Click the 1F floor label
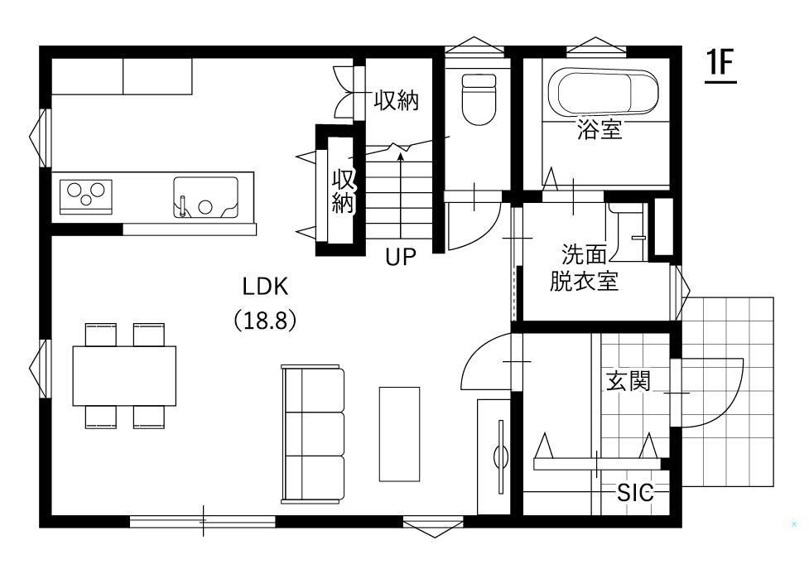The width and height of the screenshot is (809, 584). click(720, 65)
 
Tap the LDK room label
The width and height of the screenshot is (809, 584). click(265, 287)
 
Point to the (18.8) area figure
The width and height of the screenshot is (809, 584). click(265, 320)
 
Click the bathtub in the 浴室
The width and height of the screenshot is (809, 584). click(603, 92)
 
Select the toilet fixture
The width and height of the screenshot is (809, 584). click(479, 99)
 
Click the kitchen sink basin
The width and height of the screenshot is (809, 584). click(205, 196)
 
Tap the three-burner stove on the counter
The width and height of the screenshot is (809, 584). click(85, 196)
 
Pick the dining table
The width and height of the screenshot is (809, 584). click(124, 376)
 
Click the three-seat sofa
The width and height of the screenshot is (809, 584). click(313, 434)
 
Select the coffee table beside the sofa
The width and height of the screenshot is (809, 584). click(399, 434)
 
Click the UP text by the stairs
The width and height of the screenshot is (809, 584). click(401, 257)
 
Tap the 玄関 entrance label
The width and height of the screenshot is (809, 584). click(628, 380)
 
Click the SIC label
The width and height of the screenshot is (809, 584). click(635, 493)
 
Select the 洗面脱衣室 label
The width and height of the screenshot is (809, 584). click(584, 268)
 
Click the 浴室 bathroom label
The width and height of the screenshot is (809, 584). click(600, 129)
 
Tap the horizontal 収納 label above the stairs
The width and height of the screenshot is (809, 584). click(397, 100)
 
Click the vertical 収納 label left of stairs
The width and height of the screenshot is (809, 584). click(343, 191)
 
